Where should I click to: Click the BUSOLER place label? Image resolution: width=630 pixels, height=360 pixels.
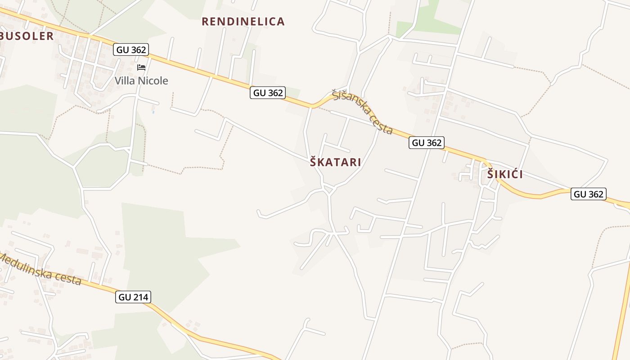click(27, 36)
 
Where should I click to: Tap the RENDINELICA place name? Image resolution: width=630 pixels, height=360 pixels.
click(243, 22)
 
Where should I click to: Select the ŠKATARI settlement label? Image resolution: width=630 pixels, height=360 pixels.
click(335, 162)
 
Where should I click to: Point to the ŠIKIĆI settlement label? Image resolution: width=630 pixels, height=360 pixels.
click(505, 175)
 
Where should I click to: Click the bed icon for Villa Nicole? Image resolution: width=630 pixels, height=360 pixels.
click(141, 67)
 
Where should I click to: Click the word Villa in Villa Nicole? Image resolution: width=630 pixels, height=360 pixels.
click(125, 81)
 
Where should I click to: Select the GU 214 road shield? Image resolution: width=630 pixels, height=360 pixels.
click(133, 297)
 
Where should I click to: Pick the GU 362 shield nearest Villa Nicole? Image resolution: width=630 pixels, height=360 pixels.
click(131, 49)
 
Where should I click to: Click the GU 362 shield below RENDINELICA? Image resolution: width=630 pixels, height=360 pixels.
click(268, 93)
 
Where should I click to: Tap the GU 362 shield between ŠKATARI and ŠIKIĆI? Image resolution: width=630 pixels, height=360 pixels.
click(427, 143)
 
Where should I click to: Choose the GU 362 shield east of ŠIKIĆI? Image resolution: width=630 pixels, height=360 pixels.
click(589, 194)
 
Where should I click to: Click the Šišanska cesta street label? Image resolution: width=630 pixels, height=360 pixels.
click(363, 112)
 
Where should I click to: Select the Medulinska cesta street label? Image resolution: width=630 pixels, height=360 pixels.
click(40, 269)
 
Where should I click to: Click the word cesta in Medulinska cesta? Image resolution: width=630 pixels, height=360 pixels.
click(67, 278)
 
